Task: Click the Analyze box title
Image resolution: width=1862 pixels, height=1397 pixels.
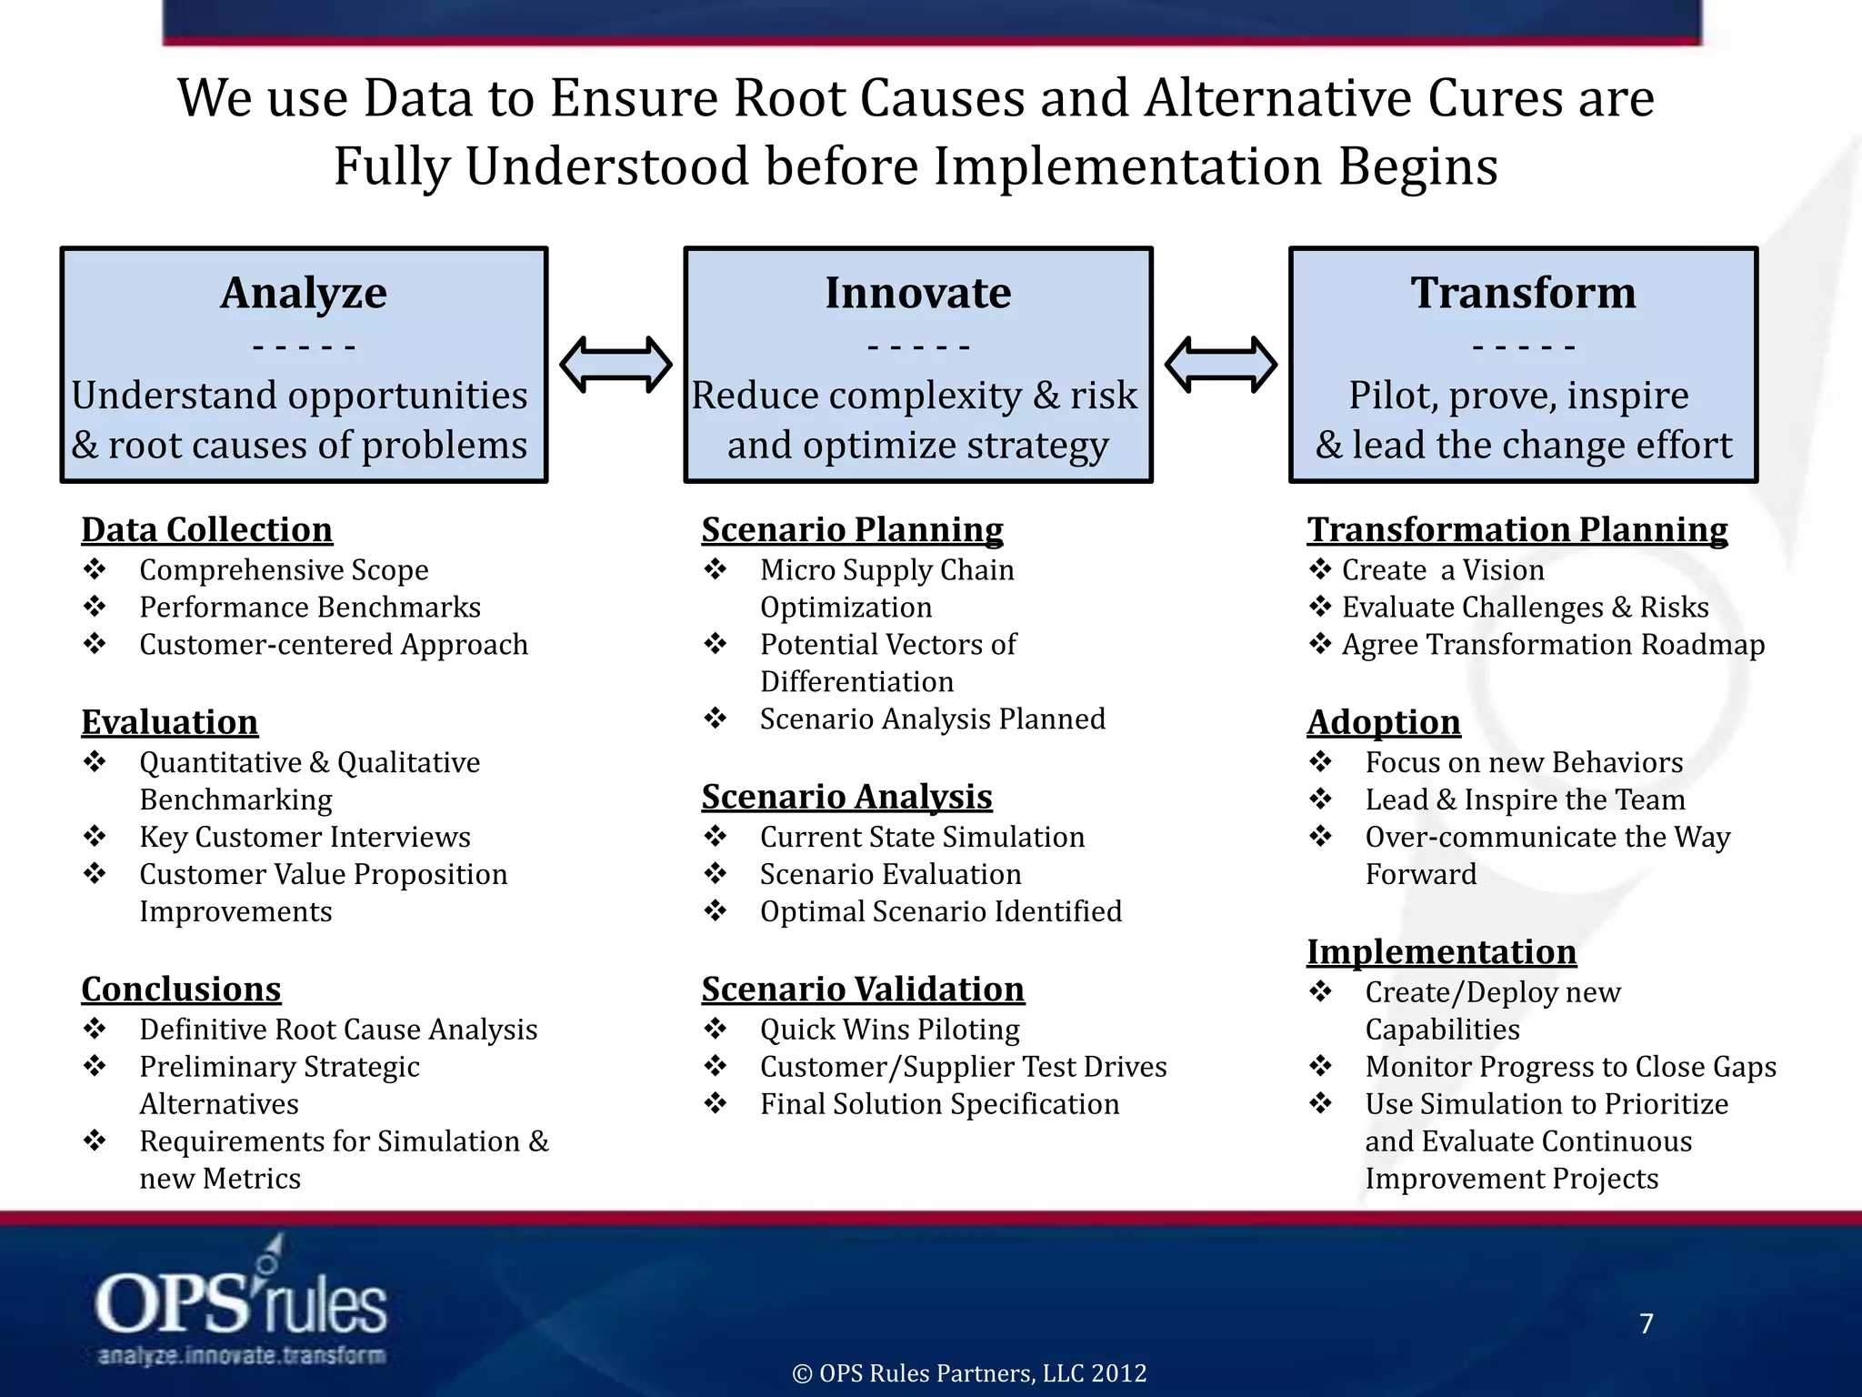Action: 304,293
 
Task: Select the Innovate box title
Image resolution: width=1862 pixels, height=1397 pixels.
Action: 917,293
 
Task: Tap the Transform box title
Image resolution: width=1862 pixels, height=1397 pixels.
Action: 1523,293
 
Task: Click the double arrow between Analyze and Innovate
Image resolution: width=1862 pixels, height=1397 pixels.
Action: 616,365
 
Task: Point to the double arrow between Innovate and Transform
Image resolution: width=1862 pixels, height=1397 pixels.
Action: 1220,365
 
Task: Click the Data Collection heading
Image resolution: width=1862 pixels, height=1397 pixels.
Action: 207,529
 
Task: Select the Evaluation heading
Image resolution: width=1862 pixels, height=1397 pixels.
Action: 170,722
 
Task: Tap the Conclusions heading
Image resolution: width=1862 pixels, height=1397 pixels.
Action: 181,989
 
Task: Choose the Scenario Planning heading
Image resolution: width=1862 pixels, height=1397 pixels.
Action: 852,529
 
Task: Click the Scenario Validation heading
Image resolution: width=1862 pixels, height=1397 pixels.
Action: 863,989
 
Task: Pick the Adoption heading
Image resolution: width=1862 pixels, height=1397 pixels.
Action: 1384,722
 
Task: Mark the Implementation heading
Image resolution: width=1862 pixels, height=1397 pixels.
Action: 1442,951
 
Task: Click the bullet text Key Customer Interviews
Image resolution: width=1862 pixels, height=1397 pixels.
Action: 305,837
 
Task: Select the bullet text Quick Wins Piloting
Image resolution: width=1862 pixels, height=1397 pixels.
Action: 889,1030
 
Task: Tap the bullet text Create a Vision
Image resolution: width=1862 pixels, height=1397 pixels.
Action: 1443,570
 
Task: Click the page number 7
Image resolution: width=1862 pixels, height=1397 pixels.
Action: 1646,1323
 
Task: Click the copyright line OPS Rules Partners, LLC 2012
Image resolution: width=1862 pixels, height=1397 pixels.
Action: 969,1373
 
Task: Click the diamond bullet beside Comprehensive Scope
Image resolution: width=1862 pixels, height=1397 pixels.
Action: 95,569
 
